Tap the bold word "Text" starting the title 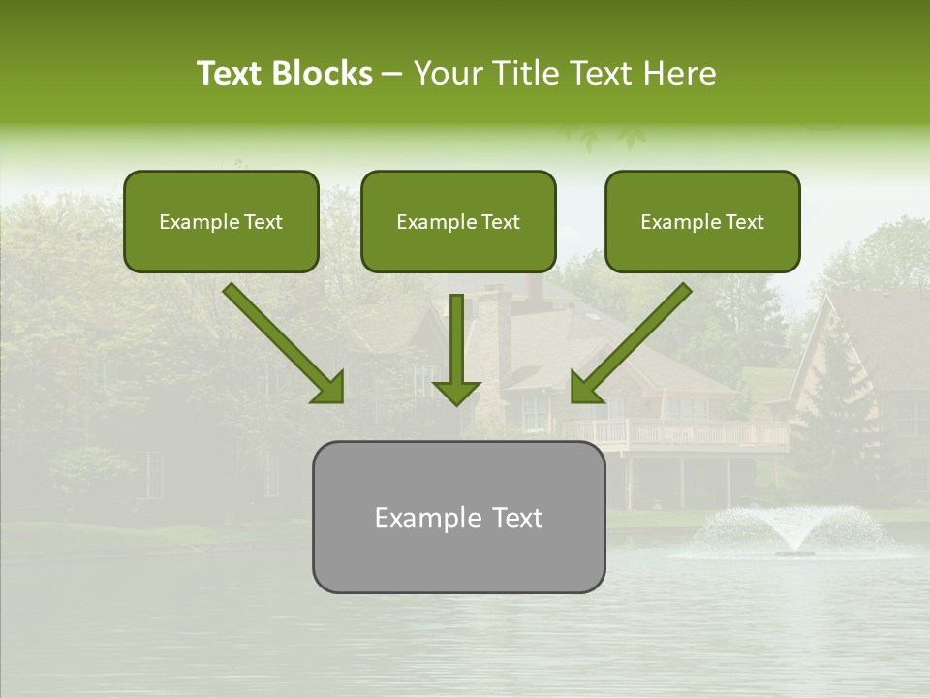(x=231, y=74)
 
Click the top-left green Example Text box (x=221, y=221)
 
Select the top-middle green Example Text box (x=458, y=221)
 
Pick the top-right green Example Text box (x=702, y=221)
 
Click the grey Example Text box (x=458, y=517)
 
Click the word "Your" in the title (x=448, y=74)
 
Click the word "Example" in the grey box (x=422, y=518)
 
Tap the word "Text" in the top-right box (x=745, y=222)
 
